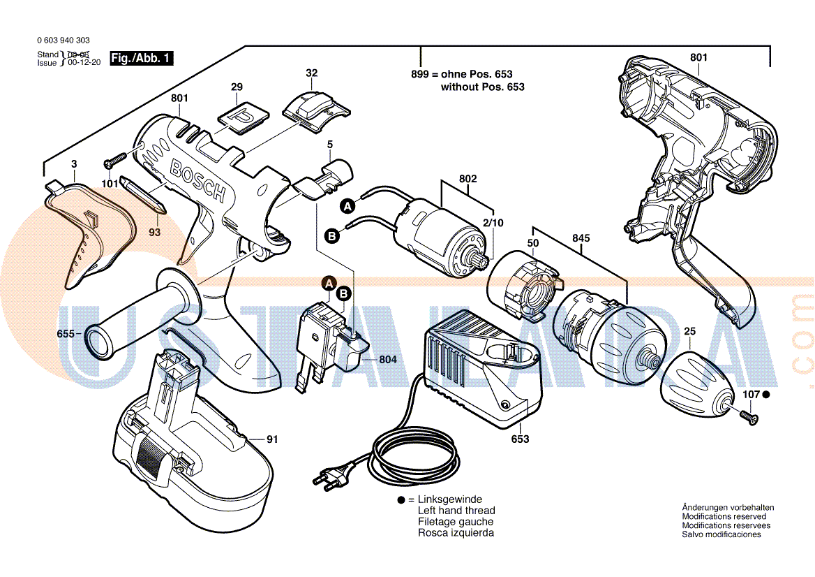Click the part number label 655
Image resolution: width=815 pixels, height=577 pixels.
point(65,335)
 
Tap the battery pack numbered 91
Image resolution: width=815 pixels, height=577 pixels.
point(188,447)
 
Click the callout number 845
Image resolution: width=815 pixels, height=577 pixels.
point(581,238)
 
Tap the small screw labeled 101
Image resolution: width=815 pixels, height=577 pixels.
point(112,163)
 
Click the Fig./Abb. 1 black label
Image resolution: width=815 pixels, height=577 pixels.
point(142,59)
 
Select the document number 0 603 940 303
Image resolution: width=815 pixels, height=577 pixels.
point(63,41)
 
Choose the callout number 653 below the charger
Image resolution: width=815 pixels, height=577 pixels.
point(520,439)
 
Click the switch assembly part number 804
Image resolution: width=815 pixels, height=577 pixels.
point(388,359)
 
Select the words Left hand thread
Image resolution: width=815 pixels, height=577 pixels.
point(456,511)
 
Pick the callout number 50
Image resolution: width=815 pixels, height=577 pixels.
point(533,243)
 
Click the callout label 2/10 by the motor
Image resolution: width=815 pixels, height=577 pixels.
point(493,223)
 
